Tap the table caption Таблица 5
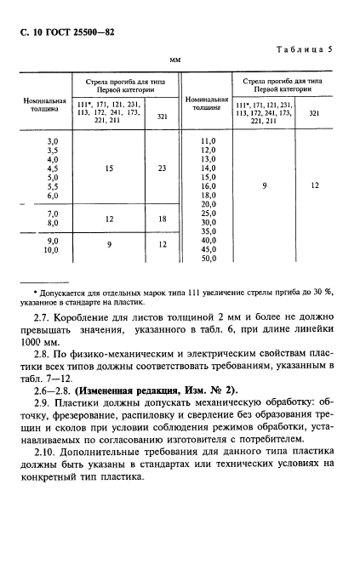tap(302, 49)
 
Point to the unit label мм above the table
tap(175, 60)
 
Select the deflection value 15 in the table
tap(108, 168)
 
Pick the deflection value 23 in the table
tap(162, 168)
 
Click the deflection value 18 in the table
tap(162, 219)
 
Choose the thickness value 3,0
tap(52, 140)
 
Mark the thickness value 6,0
tap(52, 196)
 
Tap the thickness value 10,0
tap(50, 251)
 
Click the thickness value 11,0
tap(207, 140)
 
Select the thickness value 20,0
tap(207, 204)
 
